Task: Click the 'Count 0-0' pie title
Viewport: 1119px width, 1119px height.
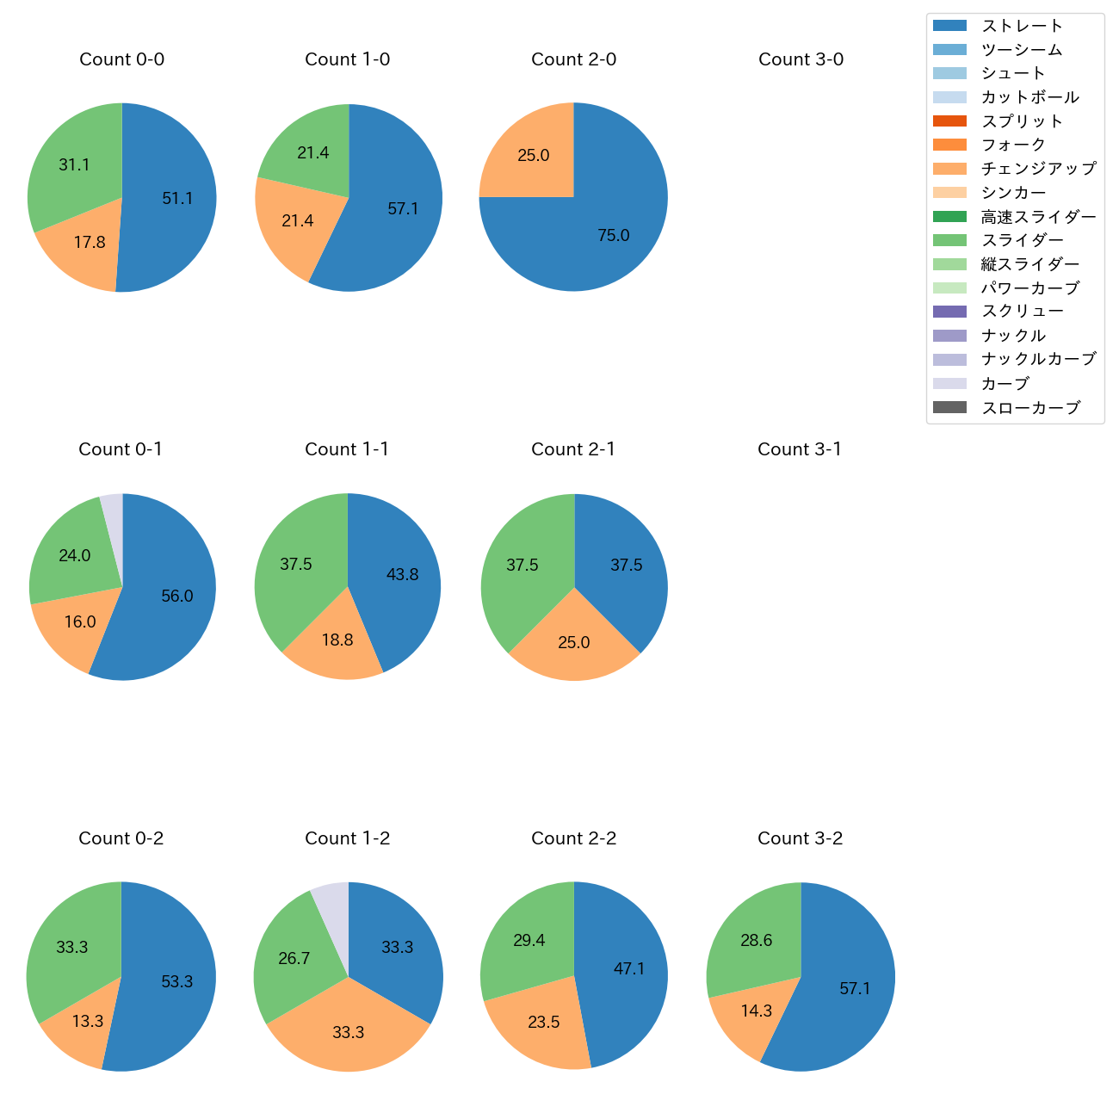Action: click(121, 59)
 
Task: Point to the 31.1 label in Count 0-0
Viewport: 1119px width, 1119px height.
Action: click(74, 164)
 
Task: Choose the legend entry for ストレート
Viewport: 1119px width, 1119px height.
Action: click(1022, 26)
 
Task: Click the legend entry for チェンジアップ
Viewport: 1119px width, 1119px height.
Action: click(1038, 169)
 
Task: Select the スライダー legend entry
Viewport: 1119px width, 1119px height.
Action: click(1022, 240)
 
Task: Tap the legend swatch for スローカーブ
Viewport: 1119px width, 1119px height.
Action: click(949, 407)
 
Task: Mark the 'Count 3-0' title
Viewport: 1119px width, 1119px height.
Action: click(801, 59)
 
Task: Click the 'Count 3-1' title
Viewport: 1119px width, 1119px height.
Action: click(800, 449)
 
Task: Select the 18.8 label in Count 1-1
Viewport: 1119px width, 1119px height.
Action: click(337, 640)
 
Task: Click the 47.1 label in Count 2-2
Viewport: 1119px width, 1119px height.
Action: click(629, 968)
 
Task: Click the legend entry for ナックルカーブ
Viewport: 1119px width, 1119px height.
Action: click(1038, 359)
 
